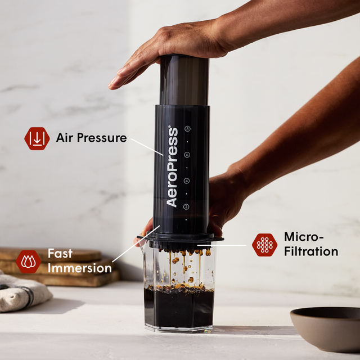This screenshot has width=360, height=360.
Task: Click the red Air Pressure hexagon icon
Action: pos(37,138)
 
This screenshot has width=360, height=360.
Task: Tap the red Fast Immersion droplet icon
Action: pos(28,262)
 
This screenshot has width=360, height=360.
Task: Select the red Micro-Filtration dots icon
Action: pos(264,245)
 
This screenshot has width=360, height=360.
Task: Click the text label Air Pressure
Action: pos(91,138)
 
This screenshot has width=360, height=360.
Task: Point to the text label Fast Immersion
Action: pos(79,261)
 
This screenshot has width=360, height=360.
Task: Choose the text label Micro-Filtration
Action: pos(311,244)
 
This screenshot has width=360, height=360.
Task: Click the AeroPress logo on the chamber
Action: pos(172,166)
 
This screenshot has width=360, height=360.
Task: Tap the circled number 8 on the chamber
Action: pos(187,129)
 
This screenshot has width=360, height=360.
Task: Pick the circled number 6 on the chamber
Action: pos(187,155)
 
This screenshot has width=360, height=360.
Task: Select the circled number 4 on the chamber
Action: pos(187,181)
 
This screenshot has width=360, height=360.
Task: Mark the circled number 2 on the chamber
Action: pos(187,207)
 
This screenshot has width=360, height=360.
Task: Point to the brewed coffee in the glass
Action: pos(179,307)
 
